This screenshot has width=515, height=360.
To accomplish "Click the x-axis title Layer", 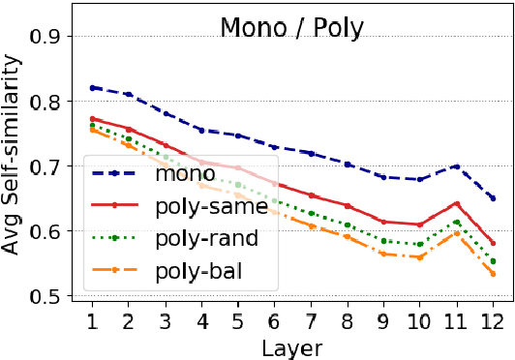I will [x=293, y=345].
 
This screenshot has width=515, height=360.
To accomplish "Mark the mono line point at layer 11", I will [x=457, y=166].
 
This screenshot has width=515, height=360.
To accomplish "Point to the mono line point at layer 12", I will [x=494, y=197].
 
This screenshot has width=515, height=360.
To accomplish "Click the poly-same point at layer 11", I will [x=457, y=203].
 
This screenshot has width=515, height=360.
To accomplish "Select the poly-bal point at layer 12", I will [x=494, y=274].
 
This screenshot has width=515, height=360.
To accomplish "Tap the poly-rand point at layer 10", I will [x=421, y=244].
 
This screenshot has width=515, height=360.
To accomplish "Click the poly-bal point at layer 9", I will [x=384, y=254].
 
